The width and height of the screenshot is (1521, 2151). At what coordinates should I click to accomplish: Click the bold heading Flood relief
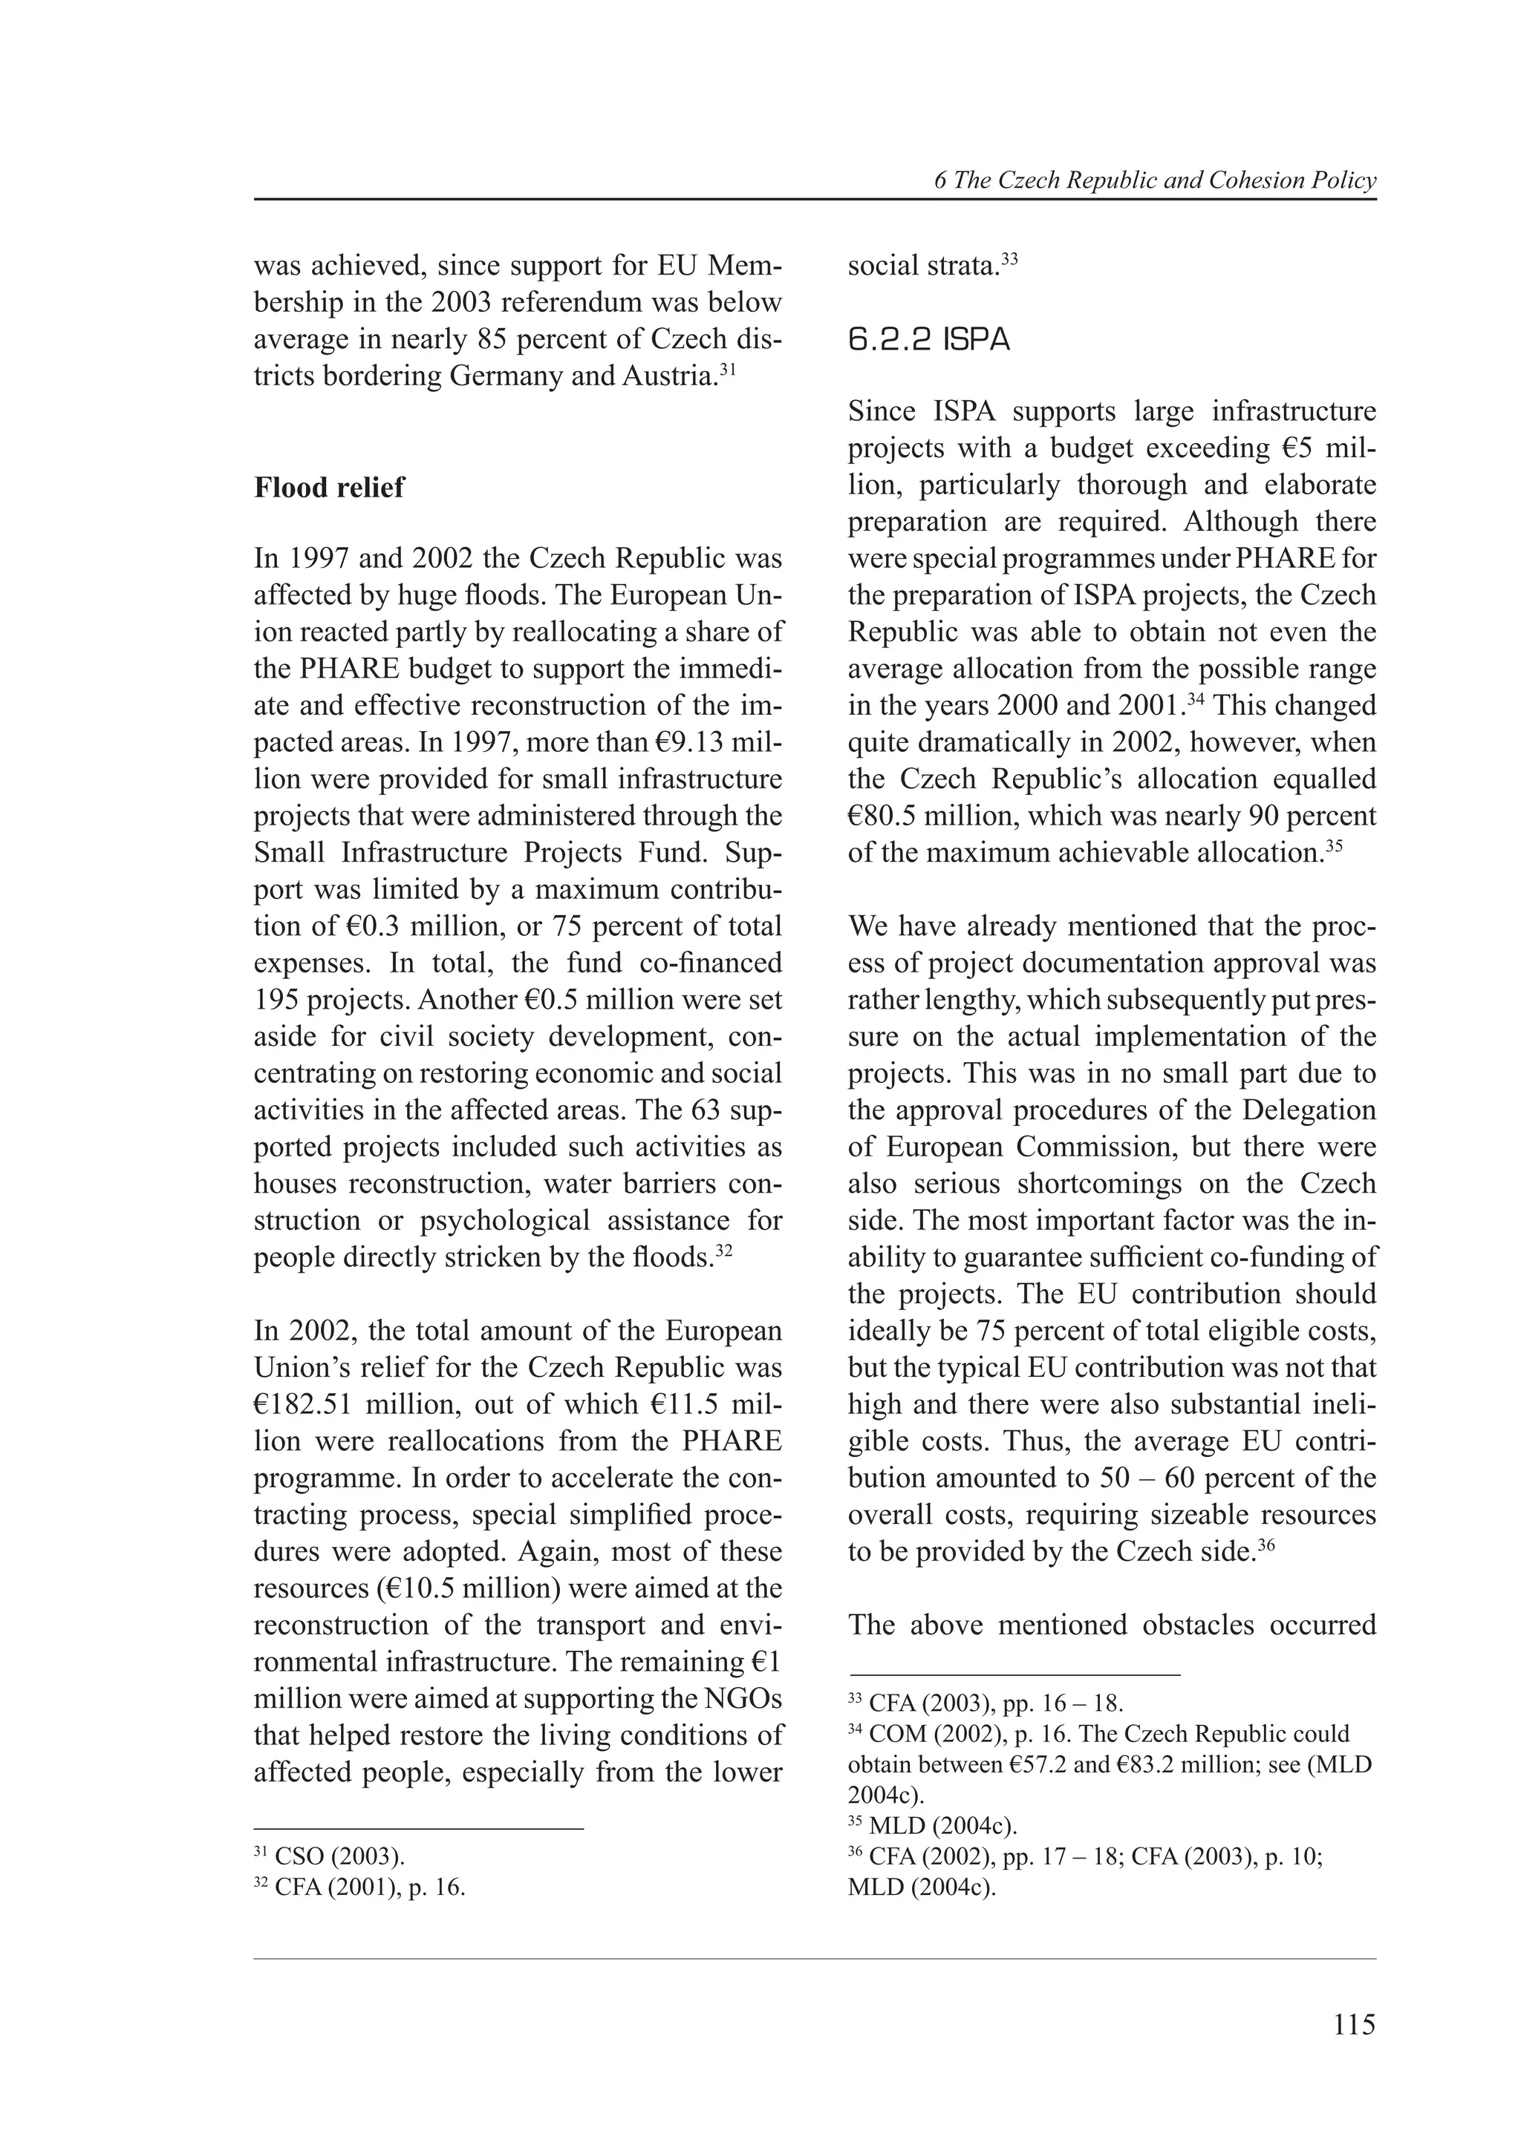click(x=329, y=487)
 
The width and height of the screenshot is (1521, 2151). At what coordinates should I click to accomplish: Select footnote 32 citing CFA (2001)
click(x=360, y=1887)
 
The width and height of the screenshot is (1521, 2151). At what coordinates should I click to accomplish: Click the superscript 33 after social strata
click(x=1009, y=258)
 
